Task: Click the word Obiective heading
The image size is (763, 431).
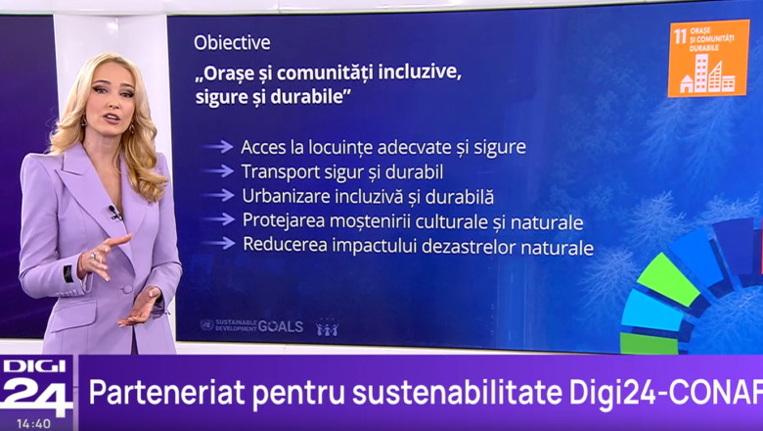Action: tap(232, 43)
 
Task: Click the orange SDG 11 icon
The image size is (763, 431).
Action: tap(707, 58)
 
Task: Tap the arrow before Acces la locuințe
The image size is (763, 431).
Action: tap(218, 147)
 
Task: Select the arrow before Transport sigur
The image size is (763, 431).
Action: tap(218, 171)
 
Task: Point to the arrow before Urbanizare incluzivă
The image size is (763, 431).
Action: tap(218, 196)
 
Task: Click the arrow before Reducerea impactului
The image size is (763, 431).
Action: tap(218, 245)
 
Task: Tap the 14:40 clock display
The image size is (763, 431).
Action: tap(34, 423)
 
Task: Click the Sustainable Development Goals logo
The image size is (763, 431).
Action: tap(251, 325)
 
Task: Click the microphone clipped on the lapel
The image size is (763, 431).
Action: tap(114, 212)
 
